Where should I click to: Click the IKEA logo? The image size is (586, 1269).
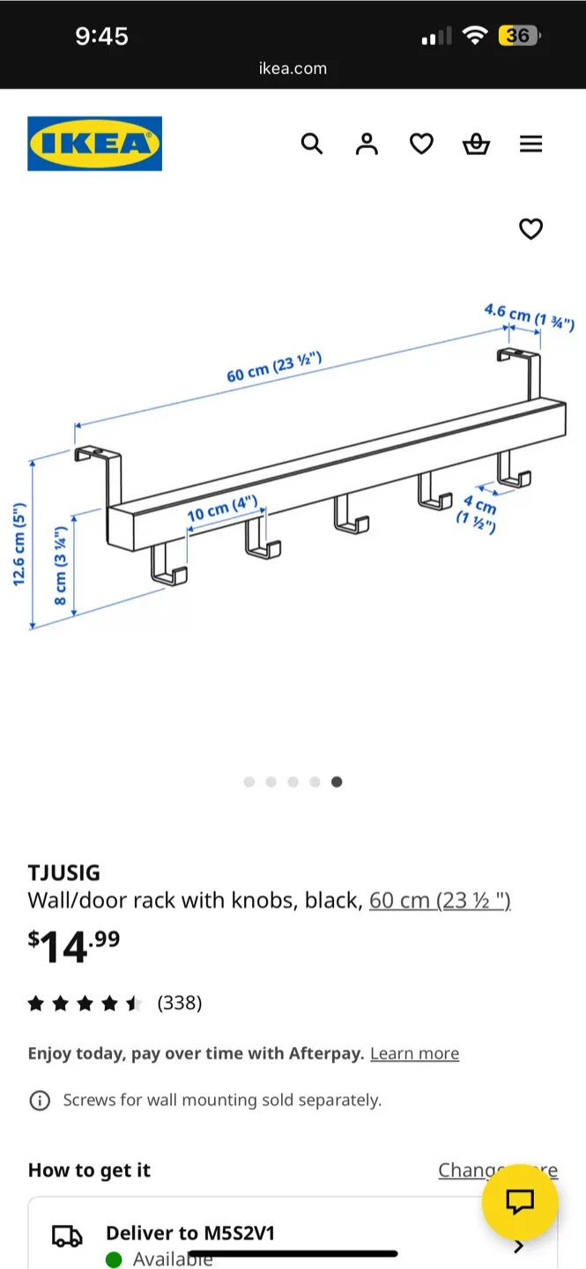[x=94, y=144]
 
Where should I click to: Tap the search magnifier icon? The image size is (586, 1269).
[x=312, y=144]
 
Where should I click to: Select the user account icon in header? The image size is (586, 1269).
[x=367, y=144]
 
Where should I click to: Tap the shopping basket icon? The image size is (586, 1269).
[x=476, y=144]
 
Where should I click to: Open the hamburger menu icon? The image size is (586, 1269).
[x=530, y=144]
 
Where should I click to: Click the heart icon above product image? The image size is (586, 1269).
[x=530, y=229]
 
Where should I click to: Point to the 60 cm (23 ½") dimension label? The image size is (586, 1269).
[x=274, y=367]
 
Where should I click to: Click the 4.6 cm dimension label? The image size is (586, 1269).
[x=528, y=316]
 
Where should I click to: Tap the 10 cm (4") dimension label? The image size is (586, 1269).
[x=222, y=509]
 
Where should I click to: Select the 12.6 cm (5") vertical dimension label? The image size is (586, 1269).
[x=19, y=544]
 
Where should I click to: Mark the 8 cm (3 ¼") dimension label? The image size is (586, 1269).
[x=61, y=565]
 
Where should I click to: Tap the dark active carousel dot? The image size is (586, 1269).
[x=337, y=782]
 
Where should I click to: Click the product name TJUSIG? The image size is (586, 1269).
[x=64, y=872]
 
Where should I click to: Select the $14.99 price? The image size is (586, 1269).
[x=74, y=946]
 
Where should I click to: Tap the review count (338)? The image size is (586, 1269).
[x=180, y=1003]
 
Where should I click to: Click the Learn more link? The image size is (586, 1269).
[x=414, y=1053]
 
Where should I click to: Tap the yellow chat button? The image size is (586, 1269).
[x=520, y=1201]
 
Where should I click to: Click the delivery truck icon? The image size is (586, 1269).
[x=68, y=1236]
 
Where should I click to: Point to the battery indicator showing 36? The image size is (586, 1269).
[x=519, y=35]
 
